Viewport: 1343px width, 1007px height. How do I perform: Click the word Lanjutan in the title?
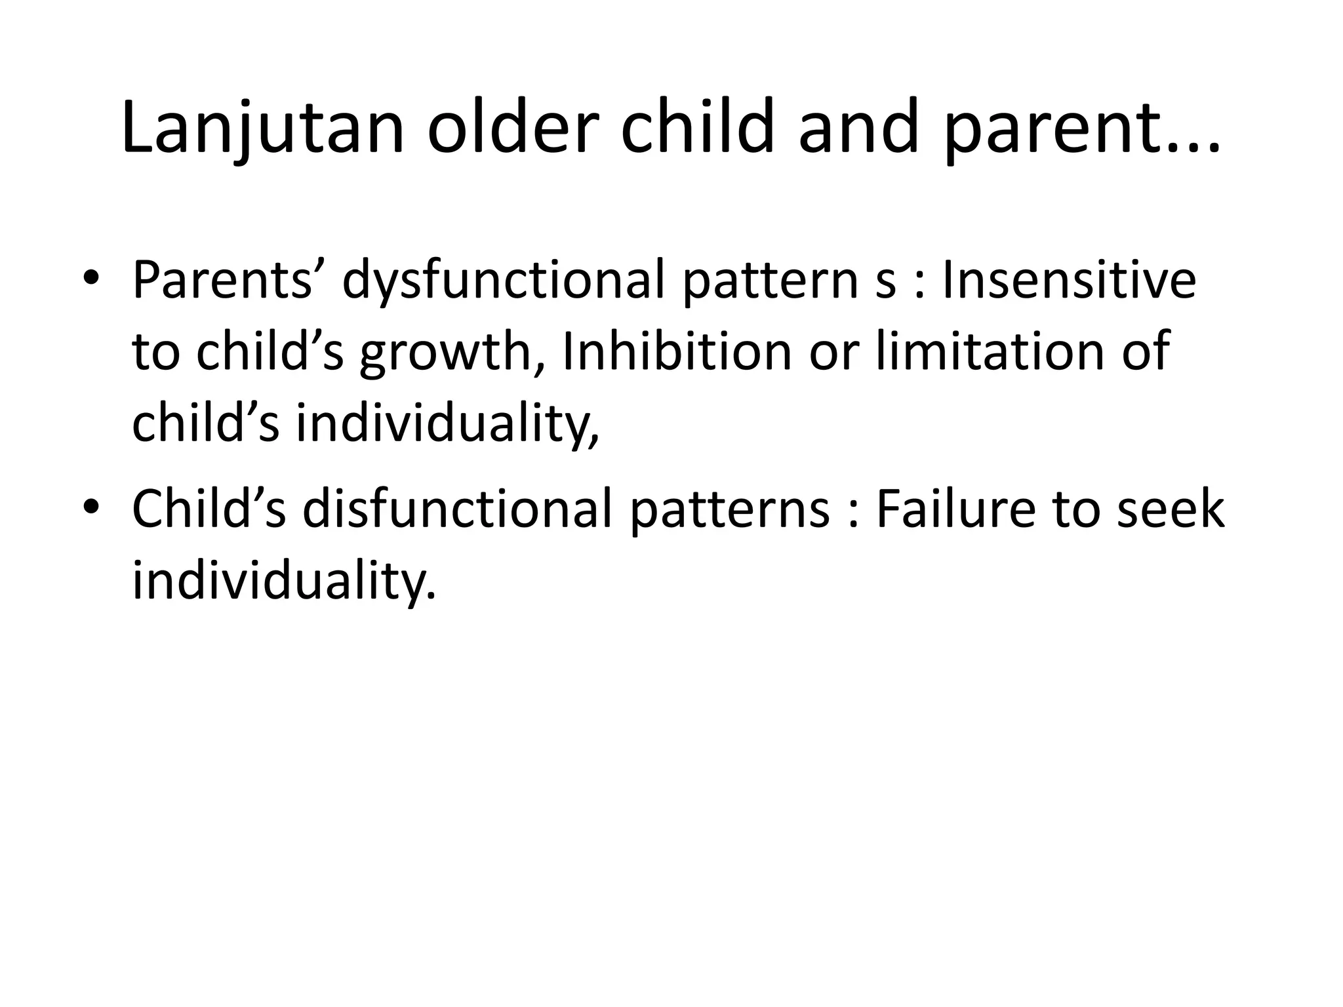(262, 128)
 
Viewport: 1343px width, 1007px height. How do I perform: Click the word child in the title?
(698, 128)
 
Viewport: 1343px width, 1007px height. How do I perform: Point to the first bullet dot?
(90, 279)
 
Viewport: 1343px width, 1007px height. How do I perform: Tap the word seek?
(1171, 510)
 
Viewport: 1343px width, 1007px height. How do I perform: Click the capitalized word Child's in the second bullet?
(209, 510)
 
